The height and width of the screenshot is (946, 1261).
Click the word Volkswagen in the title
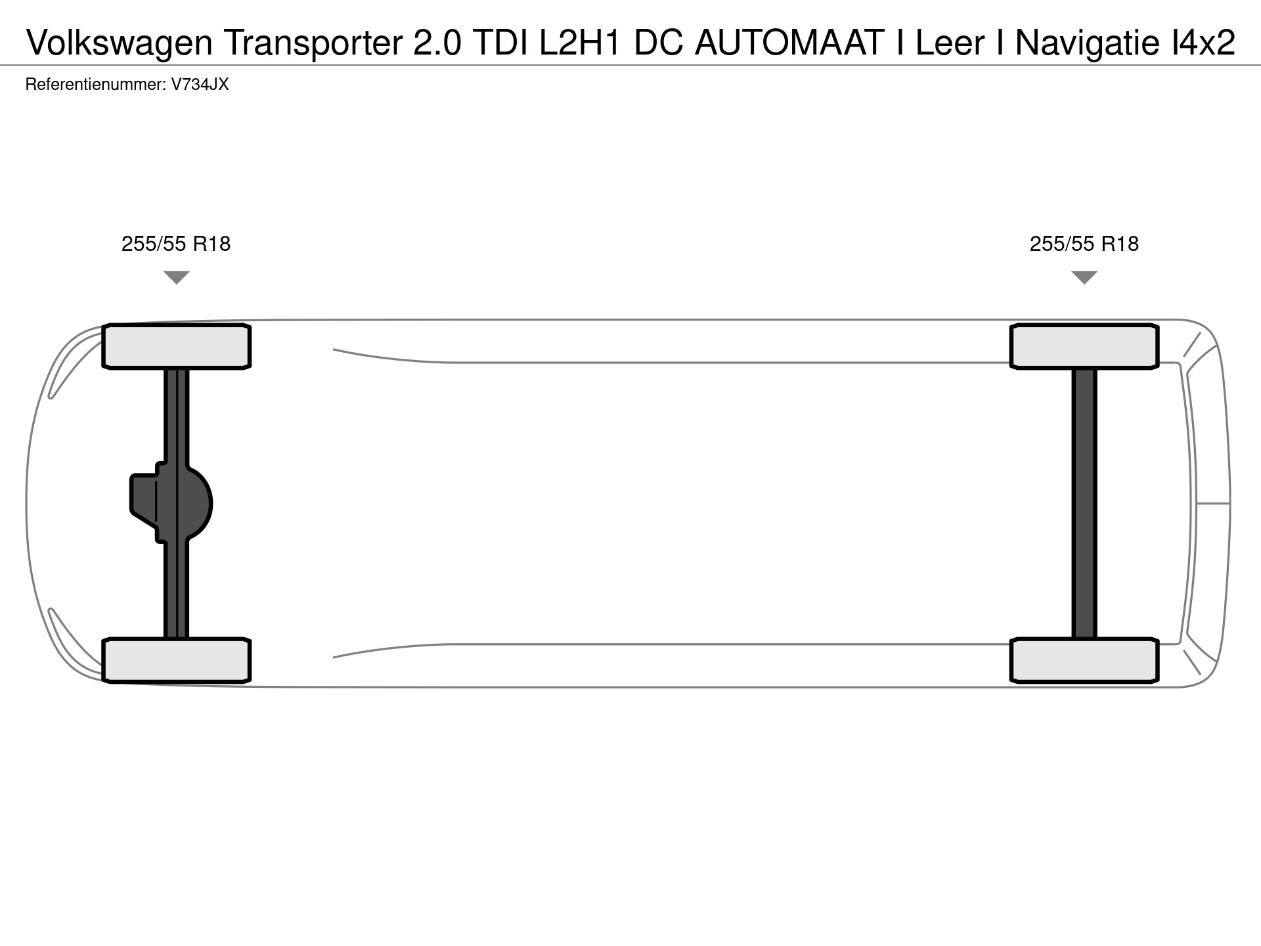point(120,43)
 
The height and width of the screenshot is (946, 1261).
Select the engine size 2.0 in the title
point(437,43)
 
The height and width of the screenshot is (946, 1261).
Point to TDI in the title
point(501,43)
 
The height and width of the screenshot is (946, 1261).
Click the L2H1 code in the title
point(580,43)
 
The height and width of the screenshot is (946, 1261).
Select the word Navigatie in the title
point(1088,43)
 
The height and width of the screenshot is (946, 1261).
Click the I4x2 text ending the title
point(1203,43)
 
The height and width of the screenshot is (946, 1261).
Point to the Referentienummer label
point(95,84)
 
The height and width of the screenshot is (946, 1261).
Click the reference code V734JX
point(200,84)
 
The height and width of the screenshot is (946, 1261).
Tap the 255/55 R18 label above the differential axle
point(176,244)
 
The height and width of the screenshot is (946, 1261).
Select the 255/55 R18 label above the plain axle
point(1084,244)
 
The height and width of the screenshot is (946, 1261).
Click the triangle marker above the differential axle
point(176,277)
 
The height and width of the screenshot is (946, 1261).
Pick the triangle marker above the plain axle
point(1084,277)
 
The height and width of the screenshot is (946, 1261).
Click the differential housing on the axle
point(172,503)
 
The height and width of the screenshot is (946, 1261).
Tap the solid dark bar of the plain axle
point(1084,503)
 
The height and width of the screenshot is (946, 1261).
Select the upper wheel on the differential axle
point(177,346)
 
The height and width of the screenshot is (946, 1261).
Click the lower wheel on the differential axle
point(177,660)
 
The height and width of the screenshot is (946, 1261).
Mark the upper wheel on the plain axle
point(1084,346)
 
